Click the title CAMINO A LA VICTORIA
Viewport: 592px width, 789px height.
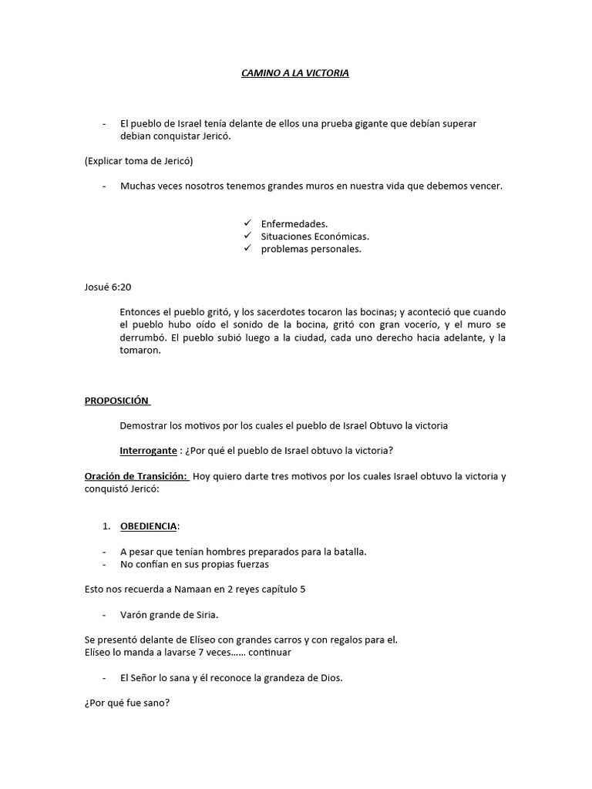tap(291, 73)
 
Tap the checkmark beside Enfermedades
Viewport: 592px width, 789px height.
tap(247, 223)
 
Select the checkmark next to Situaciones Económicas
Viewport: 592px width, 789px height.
tap(247, 237)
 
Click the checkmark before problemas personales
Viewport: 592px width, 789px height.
tap(247, 249)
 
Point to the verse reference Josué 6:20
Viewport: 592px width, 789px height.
tap(108, 287)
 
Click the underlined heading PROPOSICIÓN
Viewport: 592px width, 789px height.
tap(116, 401)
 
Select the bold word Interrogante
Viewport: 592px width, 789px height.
tap(149, 451)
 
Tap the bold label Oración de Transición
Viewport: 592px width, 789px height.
tap(136, 476)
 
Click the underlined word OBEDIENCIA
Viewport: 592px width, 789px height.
tap(149, 525)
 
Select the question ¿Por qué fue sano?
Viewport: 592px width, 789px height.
tap(127, 702)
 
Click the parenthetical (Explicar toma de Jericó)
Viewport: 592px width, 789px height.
tap(138, 161)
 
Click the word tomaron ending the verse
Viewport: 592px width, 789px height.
tap(140, 350)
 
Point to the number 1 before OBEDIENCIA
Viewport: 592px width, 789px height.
tap(106, 525)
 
